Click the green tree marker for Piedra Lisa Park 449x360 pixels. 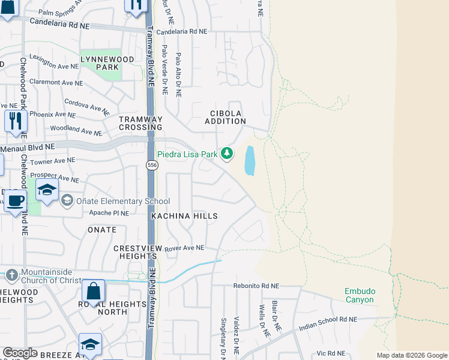[226, 154]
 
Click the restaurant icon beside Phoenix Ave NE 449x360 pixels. [15, 121]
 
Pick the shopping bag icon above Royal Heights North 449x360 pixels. [93, 292]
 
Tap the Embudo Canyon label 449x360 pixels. [359, 295]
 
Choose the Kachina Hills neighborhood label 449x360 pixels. [176, 215]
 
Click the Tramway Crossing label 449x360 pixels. [140, 123]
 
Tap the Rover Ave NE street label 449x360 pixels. [184, 247]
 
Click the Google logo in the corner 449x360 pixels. [20, 353]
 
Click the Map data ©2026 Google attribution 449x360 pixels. [412, 355]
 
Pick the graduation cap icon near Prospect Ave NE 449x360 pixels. [47, 190]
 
